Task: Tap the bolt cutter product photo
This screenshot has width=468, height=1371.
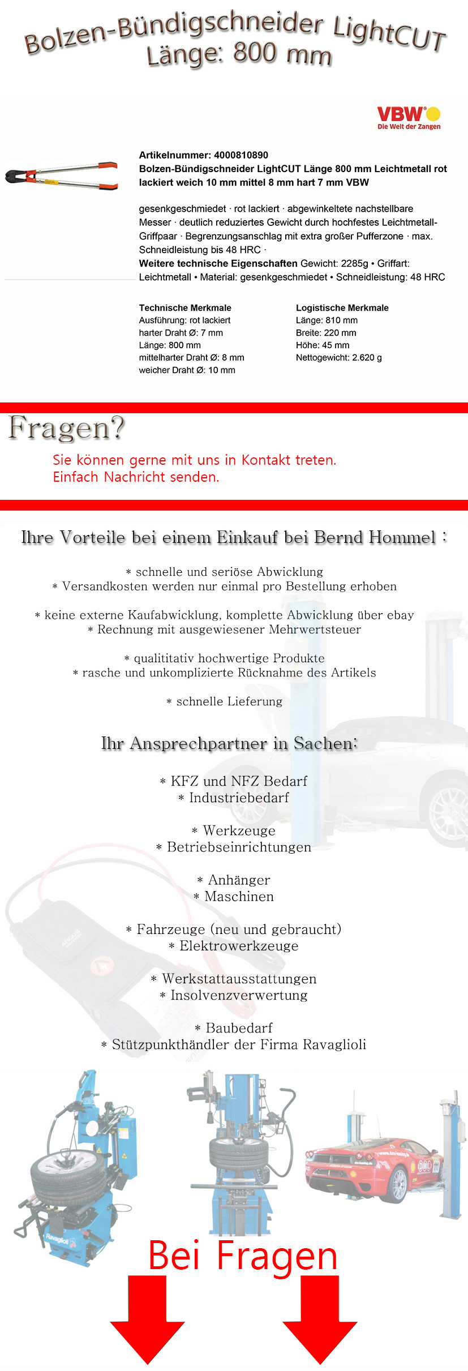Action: (x=62, y=175)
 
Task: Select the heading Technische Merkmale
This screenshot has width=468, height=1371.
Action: (x=185, y=308)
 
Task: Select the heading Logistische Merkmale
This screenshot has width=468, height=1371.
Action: (x=342, y=308)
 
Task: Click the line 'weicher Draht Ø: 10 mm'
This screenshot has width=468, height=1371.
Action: (x=187, y=370)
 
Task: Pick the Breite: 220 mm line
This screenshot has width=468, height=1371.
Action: (x=326, y=333)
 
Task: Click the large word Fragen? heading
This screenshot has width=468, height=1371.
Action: (x=66, y=428)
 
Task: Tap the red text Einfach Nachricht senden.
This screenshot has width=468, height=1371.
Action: (x=136, y=477)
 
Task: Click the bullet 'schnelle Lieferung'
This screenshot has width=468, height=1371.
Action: (x=229, y=701)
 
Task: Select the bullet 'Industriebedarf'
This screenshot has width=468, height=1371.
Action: (x=238, y=798)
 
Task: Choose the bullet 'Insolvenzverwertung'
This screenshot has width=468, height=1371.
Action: (x=238, y=995)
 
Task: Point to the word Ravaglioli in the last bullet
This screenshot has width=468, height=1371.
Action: (x=334, y=1044)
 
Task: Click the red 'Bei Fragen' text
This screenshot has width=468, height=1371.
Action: (x=242, y=1256)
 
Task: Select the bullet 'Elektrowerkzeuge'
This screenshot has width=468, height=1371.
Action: (x=238, y=946)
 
